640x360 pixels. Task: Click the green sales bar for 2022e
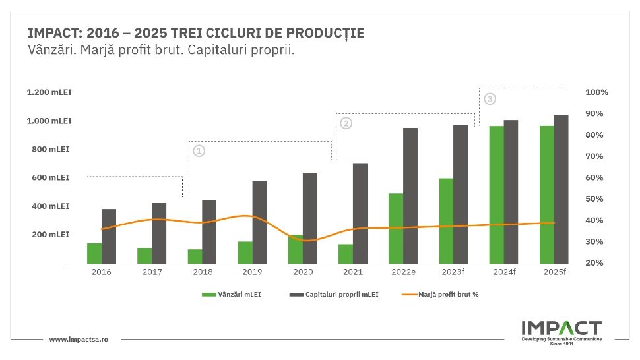(x=396, y=228)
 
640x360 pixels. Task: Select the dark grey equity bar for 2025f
(x=561, y=189)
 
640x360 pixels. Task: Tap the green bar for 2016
(x=94, y=253)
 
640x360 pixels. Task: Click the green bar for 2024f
(x=496, y=195)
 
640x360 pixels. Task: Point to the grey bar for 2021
(x=360, y=213)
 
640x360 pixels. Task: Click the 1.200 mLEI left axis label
(x=49, y=92)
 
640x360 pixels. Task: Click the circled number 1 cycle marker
(x=199, y=151)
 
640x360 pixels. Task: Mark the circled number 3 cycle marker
(x=489, y=99)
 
